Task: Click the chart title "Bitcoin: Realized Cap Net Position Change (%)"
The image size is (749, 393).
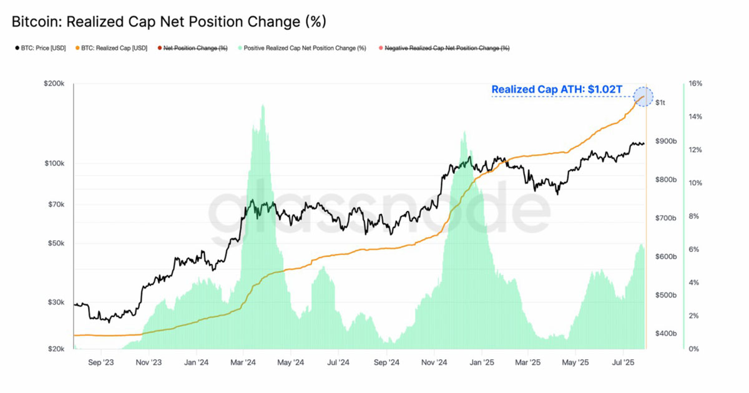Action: click(169, 22)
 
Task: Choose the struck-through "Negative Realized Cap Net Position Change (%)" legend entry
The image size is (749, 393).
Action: click(446, 48)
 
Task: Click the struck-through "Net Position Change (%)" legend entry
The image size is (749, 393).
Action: click(195, 48)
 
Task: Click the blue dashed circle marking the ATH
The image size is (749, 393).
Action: click(643, 97)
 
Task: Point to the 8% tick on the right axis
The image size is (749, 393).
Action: click(694, 216)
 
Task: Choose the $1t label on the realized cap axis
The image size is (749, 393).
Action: click(660, 102)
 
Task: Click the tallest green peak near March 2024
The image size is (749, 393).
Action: click(263, 106)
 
